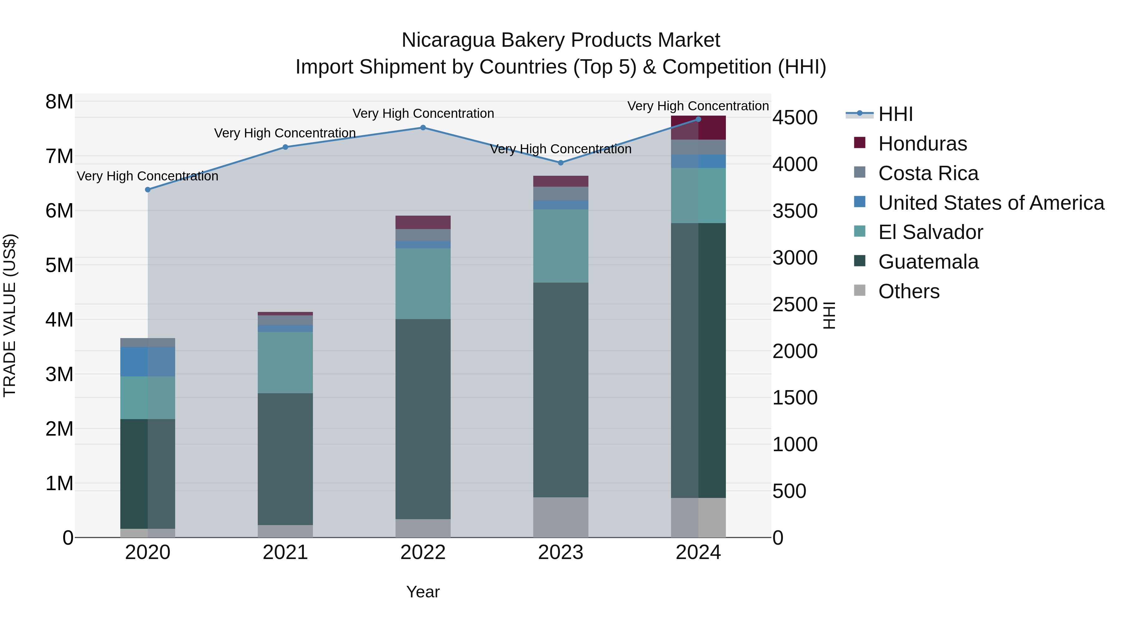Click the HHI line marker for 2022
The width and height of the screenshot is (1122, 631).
click(x=423, y=127)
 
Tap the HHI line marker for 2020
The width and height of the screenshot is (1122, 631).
click(x=148, y=189)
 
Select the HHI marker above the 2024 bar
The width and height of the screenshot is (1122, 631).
click(x=698, y=119)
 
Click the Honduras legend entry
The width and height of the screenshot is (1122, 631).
click(x=922, y=144)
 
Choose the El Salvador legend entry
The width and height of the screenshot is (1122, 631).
click(x=930, y=232)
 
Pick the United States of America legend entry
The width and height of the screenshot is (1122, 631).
click(x=991, y=203)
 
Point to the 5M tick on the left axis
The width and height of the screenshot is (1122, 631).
click(x=59, y=265)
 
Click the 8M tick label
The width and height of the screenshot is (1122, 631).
click(x=59, y=102)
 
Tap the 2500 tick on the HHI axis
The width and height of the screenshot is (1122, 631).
click(x=795, y=304)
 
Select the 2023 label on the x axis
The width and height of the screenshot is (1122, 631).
click(x=561, y=552)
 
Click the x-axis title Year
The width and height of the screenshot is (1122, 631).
click(x=423, y=592)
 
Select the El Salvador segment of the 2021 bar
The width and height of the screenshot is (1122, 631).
click(x=285, y=362)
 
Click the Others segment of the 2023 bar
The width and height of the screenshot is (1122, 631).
click(x=561, y=517)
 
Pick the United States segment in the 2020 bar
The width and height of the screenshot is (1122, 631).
click(x=148, y=361)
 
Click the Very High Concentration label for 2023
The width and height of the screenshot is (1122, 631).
click(x=561, y=149)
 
